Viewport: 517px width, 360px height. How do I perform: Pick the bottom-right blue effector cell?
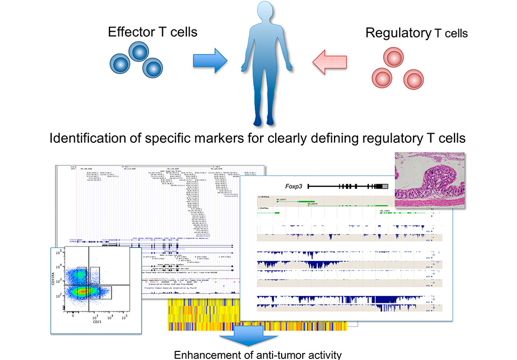click(153, 67)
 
